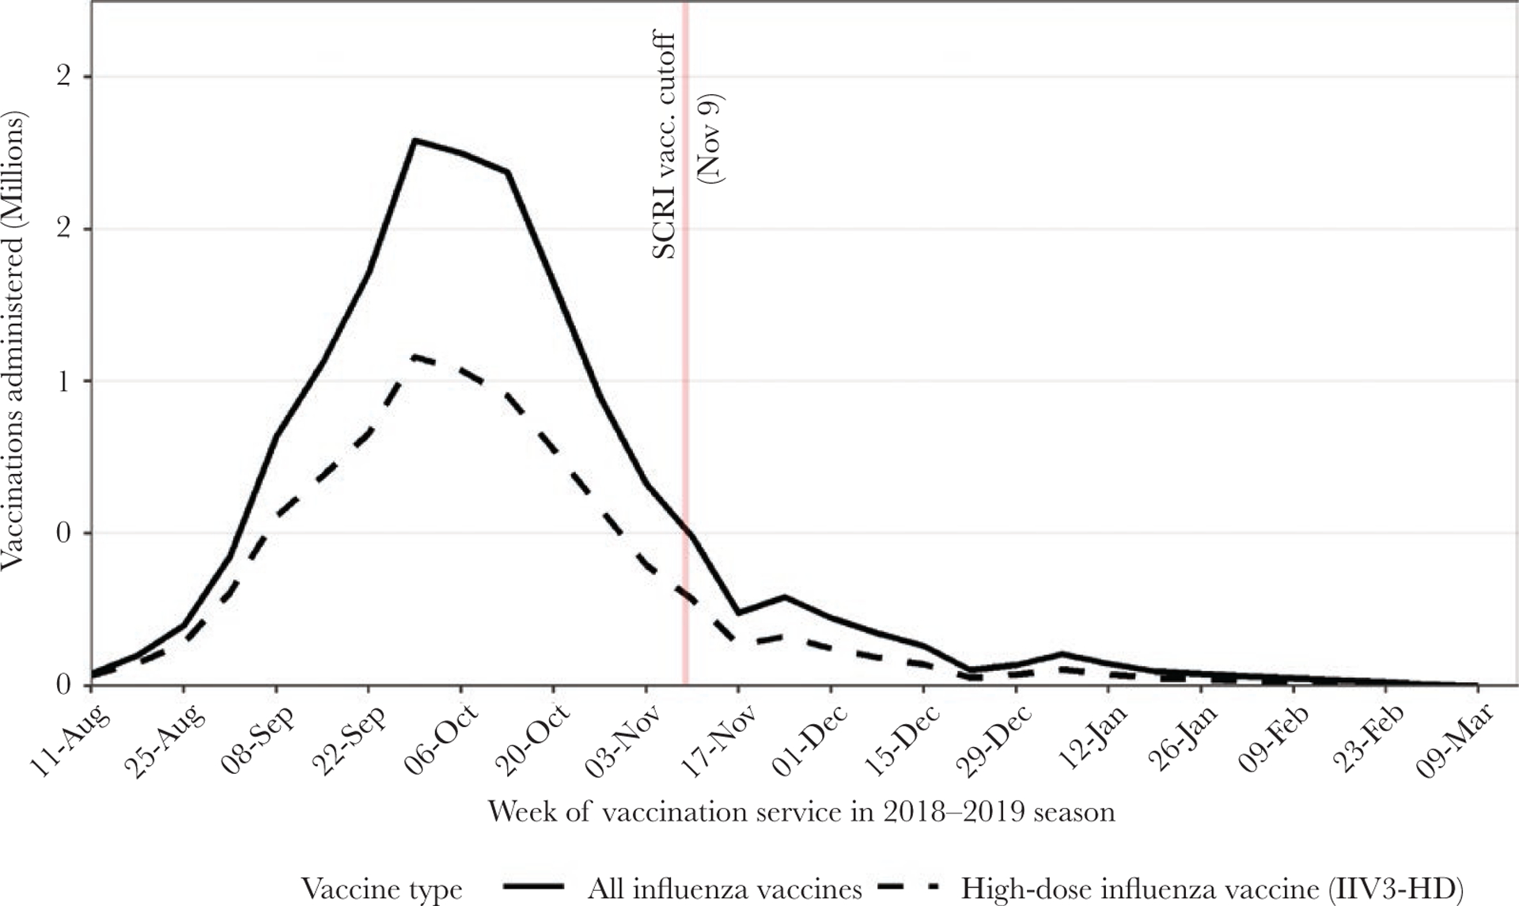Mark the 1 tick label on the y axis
click(63, 381)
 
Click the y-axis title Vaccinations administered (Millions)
click(13, 340)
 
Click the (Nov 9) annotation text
click(710, 139)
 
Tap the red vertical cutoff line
click(685, 396)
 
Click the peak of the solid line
click(415, 140)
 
